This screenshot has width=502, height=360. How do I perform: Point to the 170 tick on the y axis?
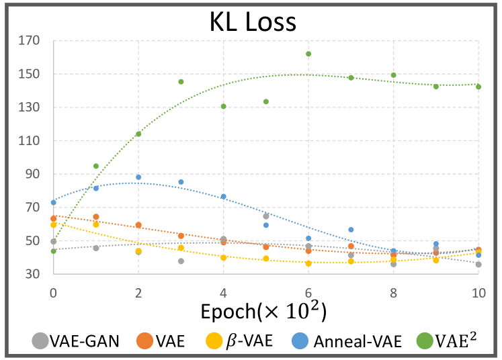tap(30, 41)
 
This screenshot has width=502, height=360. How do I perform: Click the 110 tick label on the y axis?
tap(30, 141)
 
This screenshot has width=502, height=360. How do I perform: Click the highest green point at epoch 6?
tap(308, 54)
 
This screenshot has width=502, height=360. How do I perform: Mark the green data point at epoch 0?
tap(53, 251)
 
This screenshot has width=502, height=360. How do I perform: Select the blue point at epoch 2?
tap(138, 177)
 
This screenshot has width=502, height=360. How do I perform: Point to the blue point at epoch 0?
tap(53, 202)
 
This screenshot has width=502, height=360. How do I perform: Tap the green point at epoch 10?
tap(478, 87)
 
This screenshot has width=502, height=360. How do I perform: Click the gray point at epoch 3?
tap(181, 261)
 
